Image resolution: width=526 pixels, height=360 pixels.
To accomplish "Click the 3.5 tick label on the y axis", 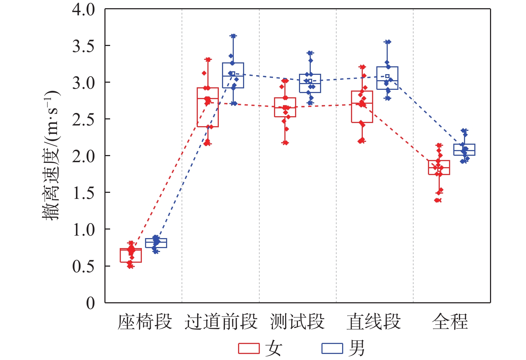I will pos(83,46).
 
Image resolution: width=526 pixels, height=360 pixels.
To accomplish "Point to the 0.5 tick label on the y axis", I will pos(83,266).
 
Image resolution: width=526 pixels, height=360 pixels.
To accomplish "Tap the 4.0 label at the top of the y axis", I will pos(83,10).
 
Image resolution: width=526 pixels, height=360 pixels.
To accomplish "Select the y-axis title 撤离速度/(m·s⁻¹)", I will pos(51,155).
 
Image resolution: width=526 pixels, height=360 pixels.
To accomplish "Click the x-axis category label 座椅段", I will pos(145,322).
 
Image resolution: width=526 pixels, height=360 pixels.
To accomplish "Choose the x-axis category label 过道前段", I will pos(221,322).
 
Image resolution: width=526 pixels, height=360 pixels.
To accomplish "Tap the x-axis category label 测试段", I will pos(297,322).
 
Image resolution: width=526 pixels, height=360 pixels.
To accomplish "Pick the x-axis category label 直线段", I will pos(373,322).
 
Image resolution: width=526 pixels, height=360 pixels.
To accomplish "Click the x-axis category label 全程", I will pos(450,322).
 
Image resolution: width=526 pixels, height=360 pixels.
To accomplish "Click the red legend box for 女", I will pos(249,348).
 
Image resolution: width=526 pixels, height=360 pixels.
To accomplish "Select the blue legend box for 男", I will pos(332,348).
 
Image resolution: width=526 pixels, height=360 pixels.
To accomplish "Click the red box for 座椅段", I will pos(131,256).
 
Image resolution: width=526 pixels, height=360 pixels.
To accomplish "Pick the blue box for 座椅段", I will pos(156,243).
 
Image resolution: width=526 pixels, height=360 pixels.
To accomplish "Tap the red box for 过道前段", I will pos(208,107).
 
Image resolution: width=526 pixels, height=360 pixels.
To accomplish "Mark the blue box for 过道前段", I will pos(233,75).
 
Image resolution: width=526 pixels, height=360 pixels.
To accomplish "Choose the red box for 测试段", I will pos(285,107).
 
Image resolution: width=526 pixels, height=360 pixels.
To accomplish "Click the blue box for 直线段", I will pos(387,78).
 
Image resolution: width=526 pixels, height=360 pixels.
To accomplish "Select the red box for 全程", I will pos(439,168).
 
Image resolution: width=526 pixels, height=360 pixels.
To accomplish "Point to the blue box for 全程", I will pos(464,150).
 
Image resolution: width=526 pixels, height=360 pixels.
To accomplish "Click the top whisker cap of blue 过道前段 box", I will pos(233,36).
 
